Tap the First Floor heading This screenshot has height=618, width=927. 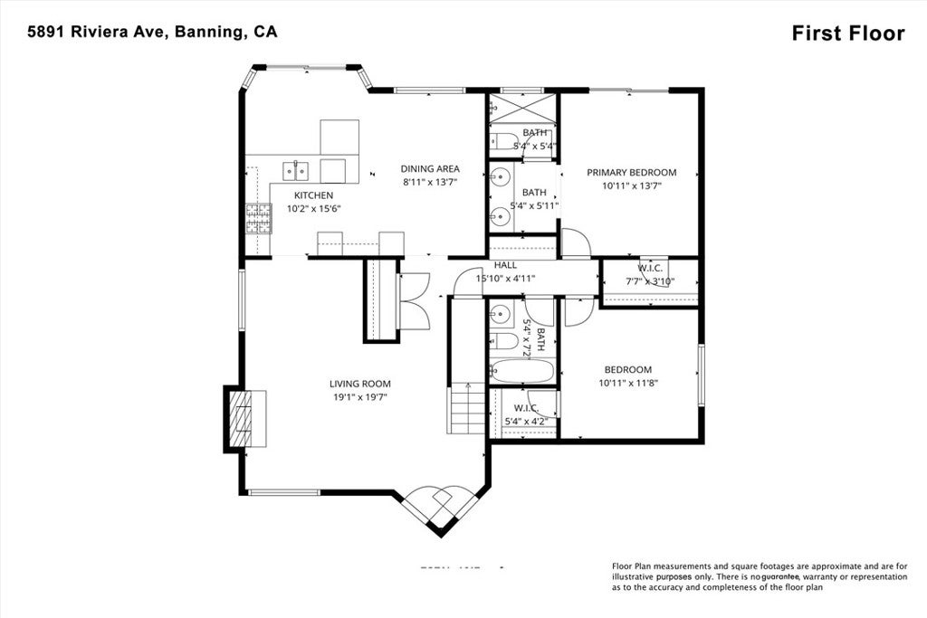click(x=847, y=33)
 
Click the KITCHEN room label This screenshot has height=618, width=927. click(x=313, y=195)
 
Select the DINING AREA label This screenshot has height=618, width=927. click(x=430, y=168)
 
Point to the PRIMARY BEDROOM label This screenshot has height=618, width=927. click(x=631, y=172)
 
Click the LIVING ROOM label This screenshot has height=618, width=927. click(x=359, y=384)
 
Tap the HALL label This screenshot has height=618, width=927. click(x=505, y=265)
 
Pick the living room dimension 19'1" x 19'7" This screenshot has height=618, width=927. click(x=359, y=396)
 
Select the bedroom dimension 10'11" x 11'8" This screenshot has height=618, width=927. click(x=627, y=383)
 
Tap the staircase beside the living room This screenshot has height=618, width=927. click(x=466, y=410)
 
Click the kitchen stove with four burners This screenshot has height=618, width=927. click(x=258, y=219)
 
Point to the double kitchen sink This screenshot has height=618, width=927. click(x=295, y=169)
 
